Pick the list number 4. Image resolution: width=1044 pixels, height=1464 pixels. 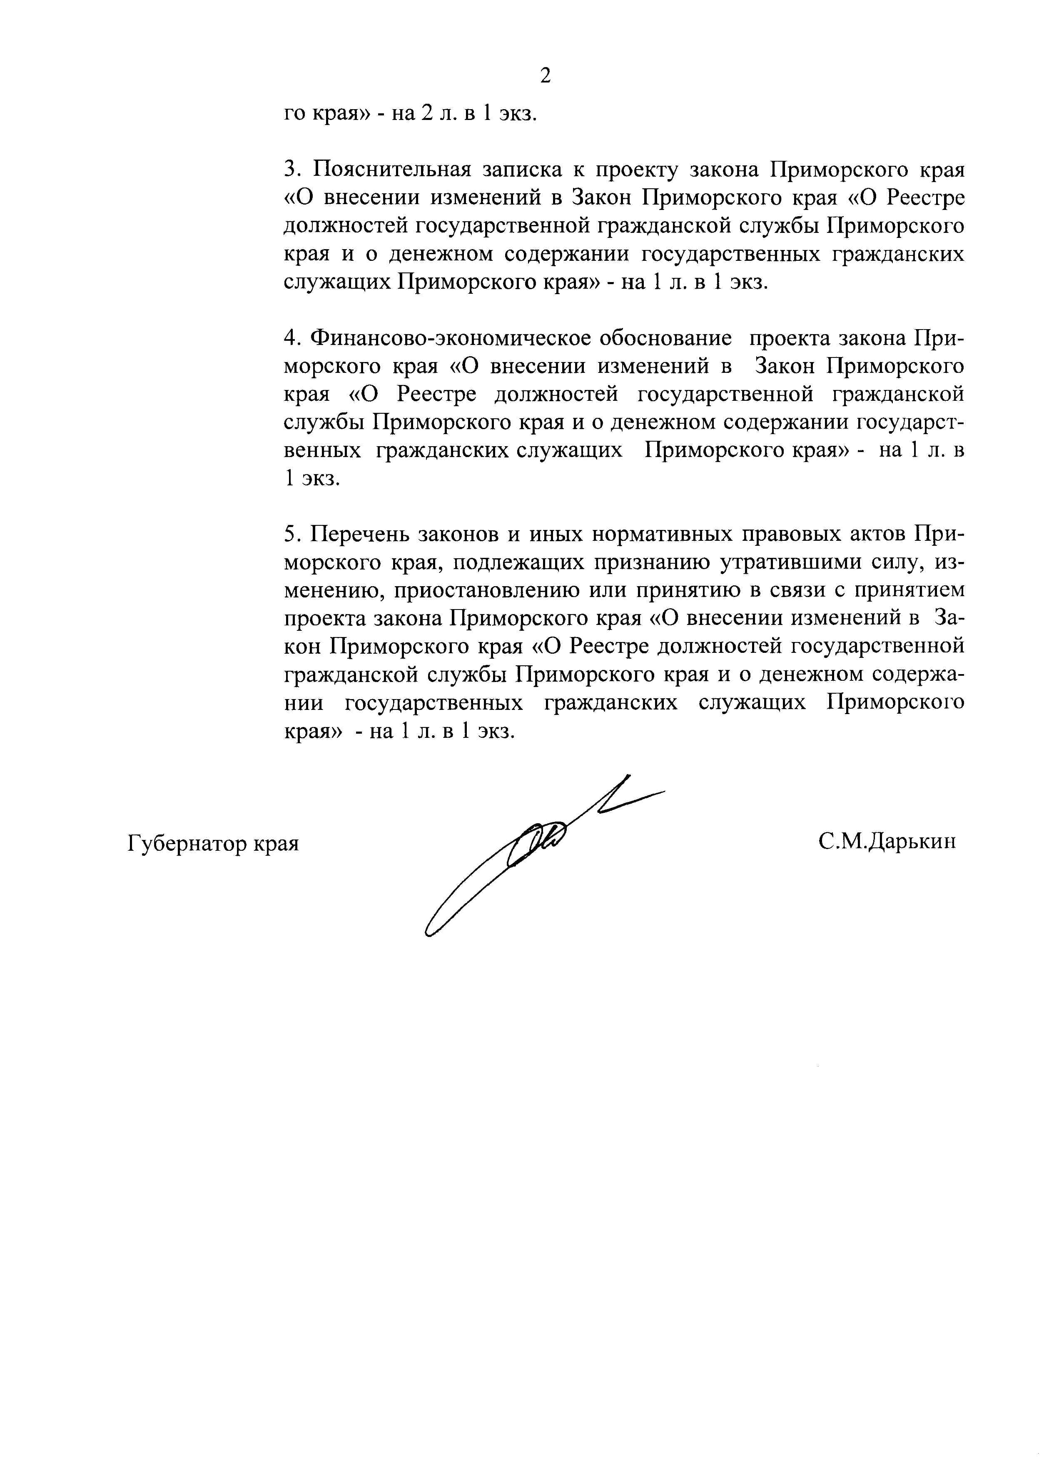291,338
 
